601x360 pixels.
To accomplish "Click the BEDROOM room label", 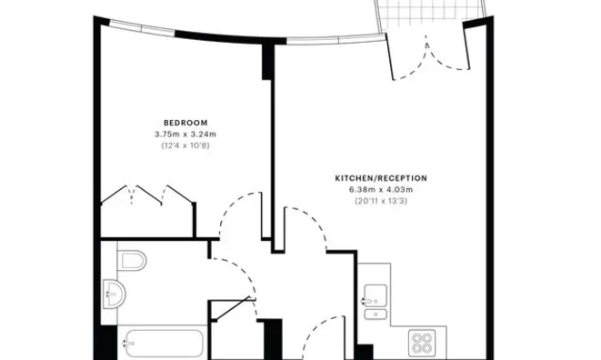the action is point(185,123).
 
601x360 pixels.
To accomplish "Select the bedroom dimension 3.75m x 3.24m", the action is point(185,135).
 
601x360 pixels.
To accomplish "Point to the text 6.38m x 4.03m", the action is point(381,189).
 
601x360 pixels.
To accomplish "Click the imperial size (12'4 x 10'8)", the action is point(185,145).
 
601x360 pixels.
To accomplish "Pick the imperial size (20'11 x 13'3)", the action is point(381,201).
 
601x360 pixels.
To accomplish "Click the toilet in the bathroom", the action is point(132,261).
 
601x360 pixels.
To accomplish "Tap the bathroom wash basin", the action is point(115,294).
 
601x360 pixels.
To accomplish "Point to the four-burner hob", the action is point(422,343).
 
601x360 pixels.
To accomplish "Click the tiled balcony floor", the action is point(432,15).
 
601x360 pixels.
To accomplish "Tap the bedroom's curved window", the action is point(142,28).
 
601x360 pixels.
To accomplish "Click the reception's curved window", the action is point(336,39).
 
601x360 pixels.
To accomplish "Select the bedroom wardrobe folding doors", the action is point(147,195).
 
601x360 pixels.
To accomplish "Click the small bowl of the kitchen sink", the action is point(376,315).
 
